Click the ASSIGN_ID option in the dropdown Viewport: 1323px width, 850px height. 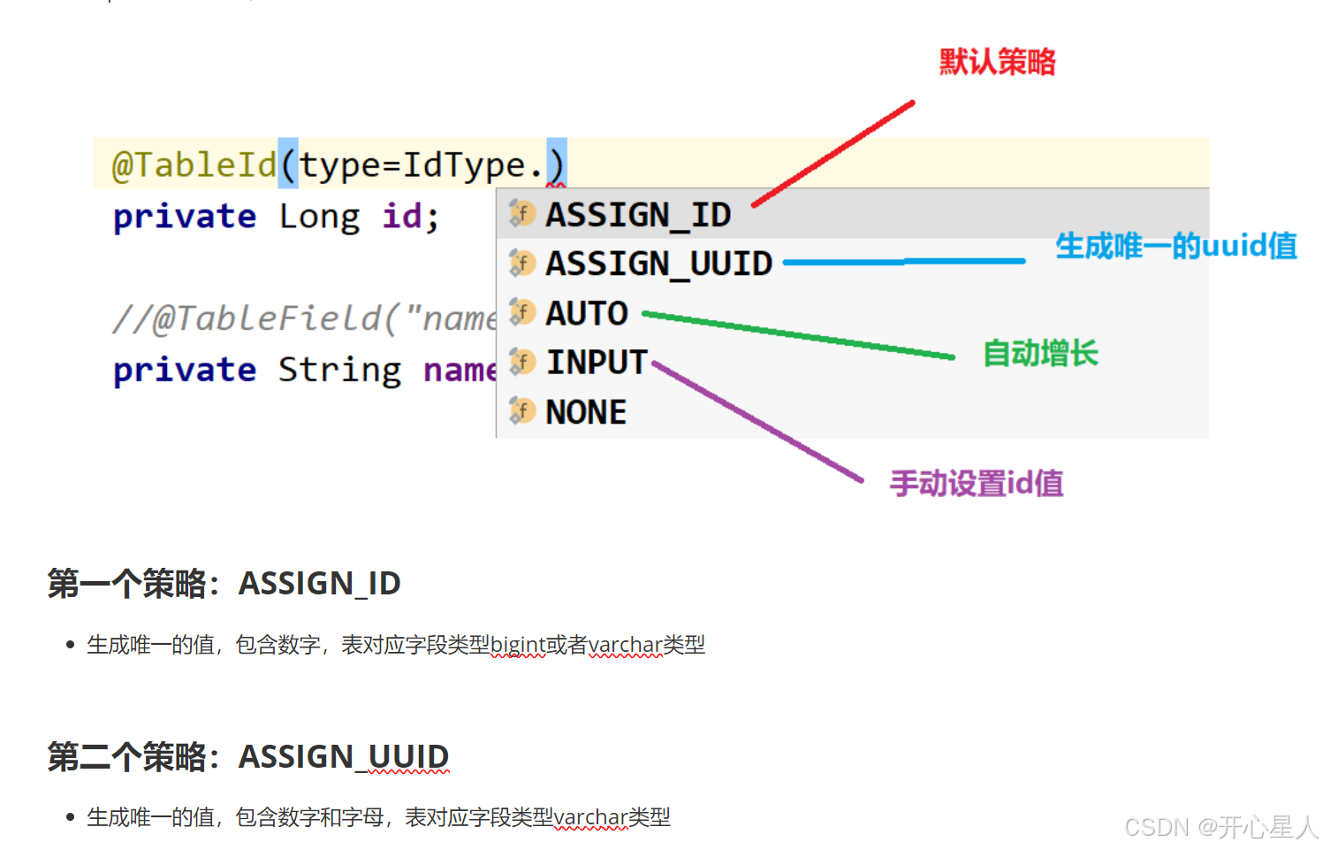coord(637,215)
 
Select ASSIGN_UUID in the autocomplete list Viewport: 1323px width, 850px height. coord(658,264)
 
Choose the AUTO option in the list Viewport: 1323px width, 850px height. coord(586,313)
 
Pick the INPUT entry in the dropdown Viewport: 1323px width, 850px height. coord(597,363)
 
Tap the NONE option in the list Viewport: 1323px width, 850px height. coord(585,412)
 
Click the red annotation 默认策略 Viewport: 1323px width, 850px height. coord(997,62)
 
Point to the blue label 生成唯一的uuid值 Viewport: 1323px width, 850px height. coord(1175,246)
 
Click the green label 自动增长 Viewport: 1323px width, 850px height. coord(1040,354)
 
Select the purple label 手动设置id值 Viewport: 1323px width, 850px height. coord(976,484)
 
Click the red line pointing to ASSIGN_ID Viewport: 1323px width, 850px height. coord(833,153)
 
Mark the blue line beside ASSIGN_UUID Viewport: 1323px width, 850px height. coord(903,262)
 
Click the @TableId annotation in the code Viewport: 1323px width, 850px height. coord(194,165)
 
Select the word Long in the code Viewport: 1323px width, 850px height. coord(319,217)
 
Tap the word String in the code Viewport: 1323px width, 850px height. coord(339,370)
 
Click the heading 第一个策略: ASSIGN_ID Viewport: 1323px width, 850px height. coord(224,584)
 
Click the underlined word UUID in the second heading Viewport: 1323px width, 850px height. coord(408,757)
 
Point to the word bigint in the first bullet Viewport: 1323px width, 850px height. coord(517,646)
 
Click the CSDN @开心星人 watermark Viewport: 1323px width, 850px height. coord(1220,827)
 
